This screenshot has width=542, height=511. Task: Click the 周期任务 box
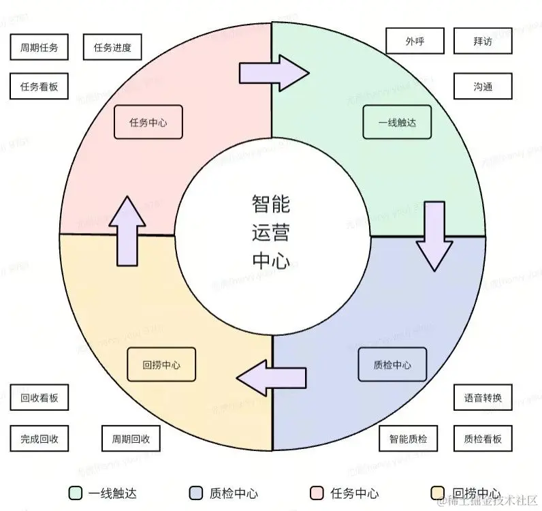tap(39, 48)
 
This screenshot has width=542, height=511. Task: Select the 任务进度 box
tap(112, 48)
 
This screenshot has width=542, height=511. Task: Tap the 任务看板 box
tap(39, 87)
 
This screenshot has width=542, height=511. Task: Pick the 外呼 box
tap(415, 41)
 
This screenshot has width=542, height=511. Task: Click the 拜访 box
tap(482, 41)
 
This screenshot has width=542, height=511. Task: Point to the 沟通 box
tap(482, 87)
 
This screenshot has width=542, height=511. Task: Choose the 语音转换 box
tap(482, 398)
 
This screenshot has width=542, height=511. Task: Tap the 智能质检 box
tap(408, 439)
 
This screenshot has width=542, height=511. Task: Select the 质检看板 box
tap(482, 439)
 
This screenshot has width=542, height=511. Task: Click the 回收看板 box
tap(39, 398)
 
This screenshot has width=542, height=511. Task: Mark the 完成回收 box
tap(39, 439)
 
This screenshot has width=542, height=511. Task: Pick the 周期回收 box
tap(131, 439)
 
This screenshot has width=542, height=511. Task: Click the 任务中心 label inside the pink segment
tap(148, 123)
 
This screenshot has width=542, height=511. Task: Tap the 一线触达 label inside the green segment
tap(396, 123)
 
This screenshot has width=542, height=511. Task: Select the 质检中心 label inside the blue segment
tap(392, 365)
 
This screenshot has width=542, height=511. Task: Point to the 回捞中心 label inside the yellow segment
tap(161, 365)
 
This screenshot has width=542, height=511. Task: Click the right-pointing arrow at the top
tap(273, 71)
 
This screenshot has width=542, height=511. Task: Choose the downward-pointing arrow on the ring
tap(434, 236)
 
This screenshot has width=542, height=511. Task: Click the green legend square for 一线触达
tap(75, 493)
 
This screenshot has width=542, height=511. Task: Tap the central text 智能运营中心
tap(271, 232)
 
